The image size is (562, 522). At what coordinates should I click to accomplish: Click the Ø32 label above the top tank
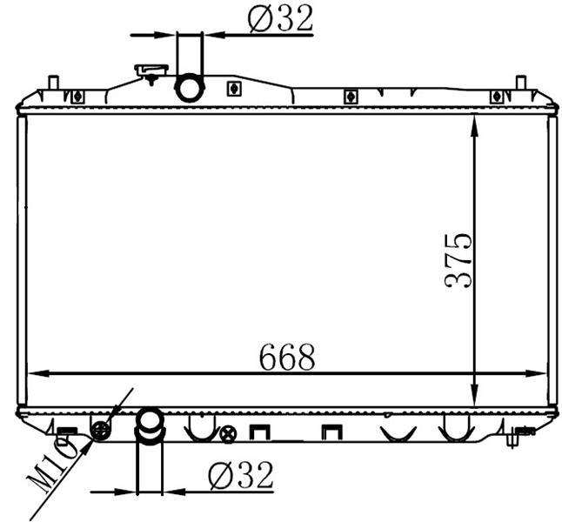point(280,18)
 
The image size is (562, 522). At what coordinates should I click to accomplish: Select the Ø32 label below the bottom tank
point(241,475)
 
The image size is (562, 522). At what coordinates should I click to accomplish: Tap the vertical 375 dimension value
point(458,260)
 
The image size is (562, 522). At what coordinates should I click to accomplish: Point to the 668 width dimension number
point(286,357)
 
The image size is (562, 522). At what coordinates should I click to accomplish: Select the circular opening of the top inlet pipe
point(190,88)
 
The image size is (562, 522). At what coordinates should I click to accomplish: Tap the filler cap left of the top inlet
point(151,70)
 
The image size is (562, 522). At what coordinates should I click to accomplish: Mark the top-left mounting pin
point(52,82)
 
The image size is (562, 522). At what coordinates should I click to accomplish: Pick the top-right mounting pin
point(520,82)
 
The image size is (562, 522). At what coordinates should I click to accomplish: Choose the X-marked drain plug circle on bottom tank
point(228,432)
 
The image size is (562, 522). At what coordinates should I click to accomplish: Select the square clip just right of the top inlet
point(233,88)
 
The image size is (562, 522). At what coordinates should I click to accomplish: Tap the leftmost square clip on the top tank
point(77,96)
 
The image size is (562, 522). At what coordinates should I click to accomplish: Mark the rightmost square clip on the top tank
point(497,96)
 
